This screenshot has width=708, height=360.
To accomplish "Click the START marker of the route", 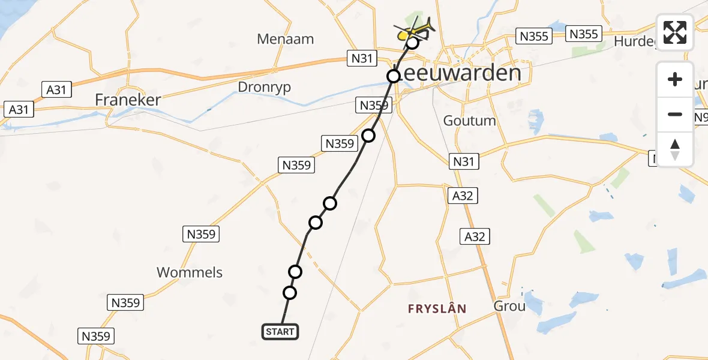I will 280,331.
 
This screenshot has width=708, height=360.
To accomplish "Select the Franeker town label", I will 128,100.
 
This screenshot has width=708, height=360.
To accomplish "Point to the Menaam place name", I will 285,40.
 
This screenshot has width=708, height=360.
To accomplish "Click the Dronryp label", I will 264,87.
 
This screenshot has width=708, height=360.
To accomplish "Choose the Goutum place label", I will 469,121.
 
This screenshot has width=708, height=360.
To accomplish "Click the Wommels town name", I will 189,272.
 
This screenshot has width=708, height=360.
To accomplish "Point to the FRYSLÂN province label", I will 437,308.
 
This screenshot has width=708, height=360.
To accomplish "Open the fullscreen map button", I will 675,32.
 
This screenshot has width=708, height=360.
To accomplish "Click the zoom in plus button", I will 675,79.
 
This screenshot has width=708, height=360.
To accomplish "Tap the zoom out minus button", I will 675,114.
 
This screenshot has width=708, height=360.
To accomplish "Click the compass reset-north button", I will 675,149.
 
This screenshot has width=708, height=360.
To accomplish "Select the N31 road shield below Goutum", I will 464,161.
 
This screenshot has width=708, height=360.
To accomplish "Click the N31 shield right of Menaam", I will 362,58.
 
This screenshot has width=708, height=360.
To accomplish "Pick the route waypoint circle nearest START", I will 290,293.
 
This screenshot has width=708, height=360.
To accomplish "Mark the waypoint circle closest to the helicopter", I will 412,43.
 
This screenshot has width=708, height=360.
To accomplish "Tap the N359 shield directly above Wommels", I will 201,234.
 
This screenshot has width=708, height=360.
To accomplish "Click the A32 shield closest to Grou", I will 474,236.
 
